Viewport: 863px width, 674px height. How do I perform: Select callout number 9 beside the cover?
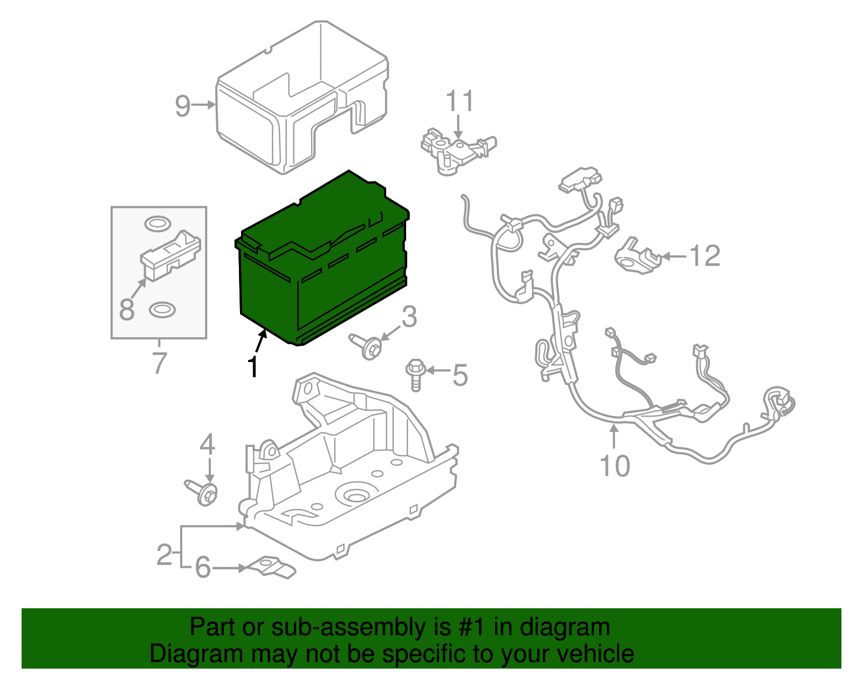click(x=183, y=106)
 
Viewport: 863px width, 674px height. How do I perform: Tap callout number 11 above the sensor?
click(x=460, y=101)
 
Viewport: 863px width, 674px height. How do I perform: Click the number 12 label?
click(x=705, y=256)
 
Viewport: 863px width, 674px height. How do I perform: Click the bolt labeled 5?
click(x=415, y=374)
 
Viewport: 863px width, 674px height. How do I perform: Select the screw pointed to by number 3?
click(x=367, y=345)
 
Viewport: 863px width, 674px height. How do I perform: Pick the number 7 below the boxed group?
click(x=159, y=363)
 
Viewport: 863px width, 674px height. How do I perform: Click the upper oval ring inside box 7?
click(x=157, y=223)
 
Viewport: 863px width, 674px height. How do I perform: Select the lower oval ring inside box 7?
click(x=161, y=310)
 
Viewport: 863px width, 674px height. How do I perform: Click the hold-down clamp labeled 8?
click(x=171, y=255)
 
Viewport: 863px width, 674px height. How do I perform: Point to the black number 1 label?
click(x=252, y=367)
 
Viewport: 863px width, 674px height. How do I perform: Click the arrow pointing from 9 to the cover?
click(x=204, y=105)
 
